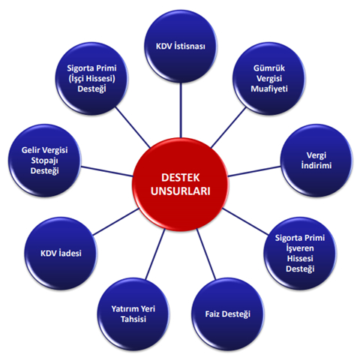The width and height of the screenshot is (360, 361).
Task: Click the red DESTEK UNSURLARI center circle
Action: (x=180, y=185)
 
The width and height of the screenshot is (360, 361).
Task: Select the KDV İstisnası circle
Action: (x=181, y=47)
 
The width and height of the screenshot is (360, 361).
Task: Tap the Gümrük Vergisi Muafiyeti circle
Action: (x=269, y=78)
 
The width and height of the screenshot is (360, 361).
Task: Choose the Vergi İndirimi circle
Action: (x=316, y=161)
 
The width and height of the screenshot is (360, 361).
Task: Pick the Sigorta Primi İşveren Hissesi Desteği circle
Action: (x=300, y=253)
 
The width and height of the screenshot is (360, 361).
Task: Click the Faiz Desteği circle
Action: (x=227, y=314)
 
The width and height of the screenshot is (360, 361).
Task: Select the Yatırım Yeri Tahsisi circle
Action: (x=133, y=314)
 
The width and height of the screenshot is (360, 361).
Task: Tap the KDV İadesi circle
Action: (x=61, y=253)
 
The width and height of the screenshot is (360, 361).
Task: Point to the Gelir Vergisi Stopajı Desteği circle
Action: (x=44, y=161)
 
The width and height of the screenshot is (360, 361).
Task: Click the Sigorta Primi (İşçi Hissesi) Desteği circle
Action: (x=91, y=78)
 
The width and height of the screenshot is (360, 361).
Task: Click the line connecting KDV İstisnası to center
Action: (x=181, y=110)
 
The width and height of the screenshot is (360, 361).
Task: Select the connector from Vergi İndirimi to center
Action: (x=254, y=172)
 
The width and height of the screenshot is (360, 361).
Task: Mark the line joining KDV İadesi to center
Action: (x=115, y=221)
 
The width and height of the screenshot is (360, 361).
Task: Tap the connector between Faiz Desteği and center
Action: (x=205, y=254)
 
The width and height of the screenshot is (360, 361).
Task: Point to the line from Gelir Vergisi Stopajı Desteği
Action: (x=106, y=172)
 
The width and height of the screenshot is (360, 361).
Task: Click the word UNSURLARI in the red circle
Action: (x=181, y=191)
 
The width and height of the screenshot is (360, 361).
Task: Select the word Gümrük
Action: (x=269, y=68)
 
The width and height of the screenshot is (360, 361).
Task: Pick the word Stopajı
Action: (x=44, y=161)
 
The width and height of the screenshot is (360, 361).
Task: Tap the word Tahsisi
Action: (x=133, y=319)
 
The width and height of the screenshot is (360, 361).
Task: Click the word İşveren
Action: (x=300, y=248)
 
